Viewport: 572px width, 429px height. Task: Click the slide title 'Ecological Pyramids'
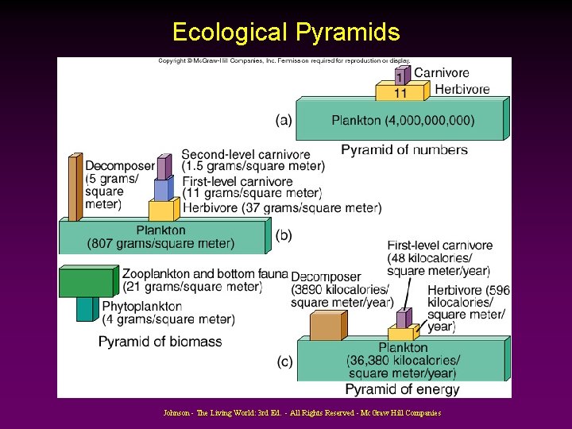click(x=286, y=32)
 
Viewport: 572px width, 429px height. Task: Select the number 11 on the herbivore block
click(x=400, y=93)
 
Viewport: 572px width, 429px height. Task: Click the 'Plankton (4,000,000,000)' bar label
click(x=403, y=121)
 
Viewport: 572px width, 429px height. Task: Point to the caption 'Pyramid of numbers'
click(x=404, y=149)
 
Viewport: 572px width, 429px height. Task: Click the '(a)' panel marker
click(x=284, y=121)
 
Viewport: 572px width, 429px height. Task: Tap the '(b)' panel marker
click(x=284, y=235)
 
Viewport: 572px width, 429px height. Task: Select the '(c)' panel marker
click(x=284, y=361)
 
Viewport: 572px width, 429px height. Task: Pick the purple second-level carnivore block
click(x=163, y=168)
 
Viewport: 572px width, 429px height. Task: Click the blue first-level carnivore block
click(x=162, y=189)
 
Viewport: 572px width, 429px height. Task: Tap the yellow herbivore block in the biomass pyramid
click(x=161, y=210)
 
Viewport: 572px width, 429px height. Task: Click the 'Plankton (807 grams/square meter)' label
click(x=161, y=237)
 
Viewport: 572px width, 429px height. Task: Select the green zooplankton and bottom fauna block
click(x=86, y=282)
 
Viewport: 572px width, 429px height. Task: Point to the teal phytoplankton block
click(x=85, y=309)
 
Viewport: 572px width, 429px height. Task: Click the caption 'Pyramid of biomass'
click(x=160, y=342)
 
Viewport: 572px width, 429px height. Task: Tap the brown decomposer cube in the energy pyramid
click(x=326, y=326)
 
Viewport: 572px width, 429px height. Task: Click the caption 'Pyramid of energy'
click(x=402, y=389)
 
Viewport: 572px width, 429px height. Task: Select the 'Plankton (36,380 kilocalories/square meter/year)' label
click(x=403, y=360)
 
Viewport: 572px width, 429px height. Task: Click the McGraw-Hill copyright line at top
click(x=284, y=61)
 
